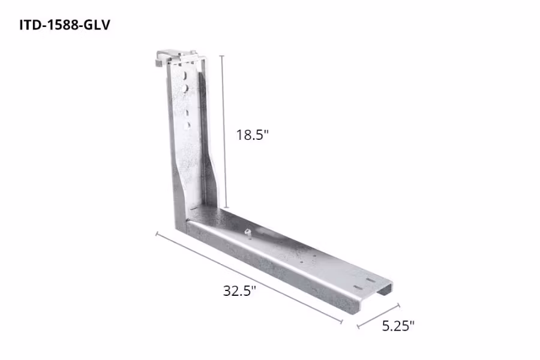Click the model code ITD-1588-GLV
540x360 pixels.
click(65, 26)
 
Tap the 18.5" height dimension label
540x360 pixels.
click(251, 135)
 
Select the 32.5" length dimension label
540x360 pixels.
click(239, 291)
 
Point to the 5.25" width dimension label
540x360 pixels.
click(398, 326)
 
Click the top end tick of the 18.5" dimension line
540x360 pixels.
click(223, 56)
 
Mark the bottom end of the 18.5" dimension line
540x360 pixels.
click(226, 208)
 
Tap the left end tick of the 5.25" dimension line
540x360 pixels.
click(358, 328)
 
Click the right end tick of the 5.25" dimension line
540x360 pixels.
click(399, 305)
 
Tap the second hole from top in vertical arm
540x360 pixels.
click(188, 88)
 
